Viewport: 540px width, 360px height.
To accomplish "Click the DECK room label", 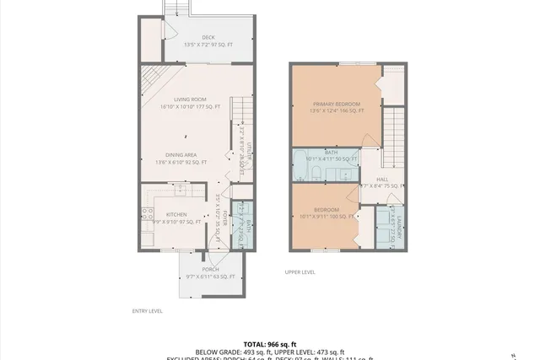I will tap(208, 37).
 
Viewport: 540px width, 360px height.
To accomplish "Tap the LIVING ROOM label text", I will tap(190, 99).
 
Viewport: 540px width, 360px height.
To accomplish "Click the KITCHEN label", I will tap(175, 215).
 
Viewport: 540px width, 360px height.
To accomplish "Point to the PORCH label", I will tap(210, 269).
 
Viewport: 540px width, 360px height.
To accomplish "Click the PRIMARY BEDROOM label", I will tap(337, 104).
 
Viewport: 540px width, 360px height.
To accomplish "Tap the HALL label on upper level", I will tap(382, 179).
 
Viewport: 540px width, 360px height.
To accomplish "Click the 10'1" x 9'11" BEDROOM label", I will tap(327, 209).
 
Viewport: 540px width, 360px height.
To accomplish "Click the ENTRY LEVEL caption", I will tap(147, 311).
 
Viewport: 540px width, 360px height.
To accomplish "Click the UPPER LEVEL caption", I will tap(300, 272).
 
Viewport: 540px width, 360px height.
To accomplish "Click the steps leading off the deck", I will tap(175, 8).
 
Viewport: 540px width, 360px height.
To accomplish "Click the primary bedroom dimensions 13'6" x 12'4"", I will tap(337, 110).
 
